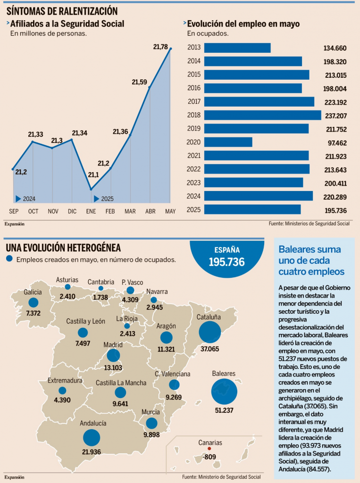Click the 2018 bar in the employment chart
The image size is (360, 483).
click(x=262, y=115)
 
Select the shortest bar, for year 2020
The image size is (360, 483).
click(x=228, y=142)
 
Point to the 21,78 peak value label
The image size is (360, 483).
click(x=160, y=46)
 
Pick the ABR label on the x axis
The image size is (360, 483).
click(x=151, y=211)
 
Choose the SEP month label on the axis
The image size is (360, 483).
click(x=14, y=211)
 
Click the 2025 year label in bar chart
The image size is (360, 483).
click(x=194, y=209)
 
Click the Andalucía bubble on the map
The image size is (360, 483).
click(x=92, y=437)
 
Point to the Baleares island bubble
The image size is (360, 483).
click(x=224, y=390)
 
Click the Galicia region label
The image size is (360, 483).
click(x=33, y=292)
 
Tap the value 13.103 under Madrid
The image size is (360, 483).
click(x=113, y=368)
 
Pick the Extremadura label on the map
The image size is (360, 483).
click(x=65, y=381)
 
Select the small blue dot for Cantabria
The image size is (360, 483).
click(x=100, y=288)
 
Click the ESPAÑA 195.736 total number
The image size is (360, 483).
click(x=226, y=262)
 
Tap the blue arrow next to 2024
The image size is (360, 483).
click(x=18, y=199)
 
